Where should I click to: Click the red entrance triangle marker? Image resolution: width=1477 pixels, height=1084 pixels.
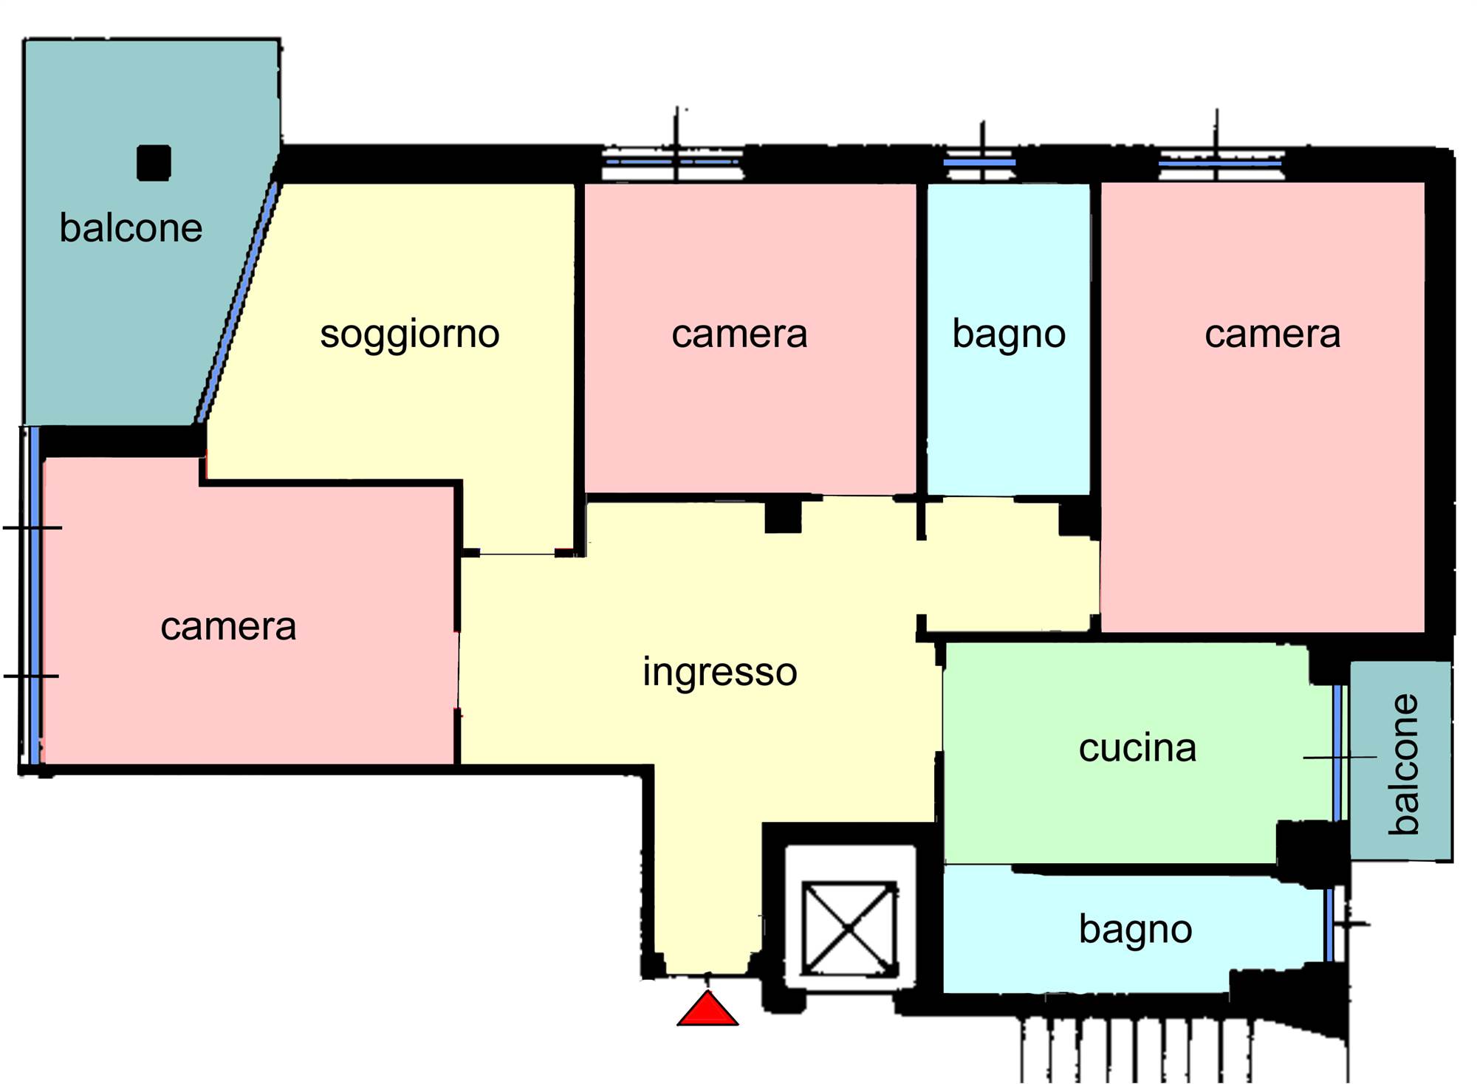(707, 1009)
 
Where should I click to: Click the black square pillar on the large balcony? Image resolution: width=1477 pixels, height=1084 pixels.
(154, 162)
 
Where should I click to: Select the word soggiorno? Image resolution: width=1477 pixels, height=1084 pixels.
(410, 334)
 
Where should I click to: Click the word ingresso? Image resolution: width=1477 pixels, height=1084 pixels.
(720, 672)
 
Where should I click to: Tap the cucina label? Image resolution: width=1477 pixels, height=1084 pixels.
(1137, 748)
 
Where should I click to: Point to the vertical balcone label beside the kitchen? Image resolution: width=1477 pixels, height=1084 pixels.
(1404, 764)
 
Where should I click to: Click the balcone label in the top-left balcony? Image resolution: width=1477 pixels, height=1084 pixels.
(131, 227)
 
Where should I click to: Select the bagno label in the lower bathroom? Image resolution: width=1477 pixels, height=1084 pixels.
(1135, 929)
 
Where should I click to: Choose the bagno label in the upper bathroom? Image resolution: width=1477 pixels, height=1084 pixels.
(1009, 334)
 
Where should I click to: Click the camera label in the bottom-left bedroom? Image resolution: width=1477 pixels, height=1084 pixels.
(228, 627)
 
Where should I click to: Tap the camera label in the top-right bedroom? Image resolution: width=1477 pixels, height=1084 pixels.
(1272, 334)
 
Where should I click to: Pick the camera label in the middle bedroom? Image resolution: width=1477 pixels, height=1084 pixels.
(739, 334)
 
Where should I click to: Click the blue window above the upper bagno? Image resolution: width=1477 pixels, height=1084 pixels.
(979, 162)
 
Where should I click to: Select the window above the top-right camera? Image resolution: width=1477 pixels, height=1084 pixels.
(1220, 163)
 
